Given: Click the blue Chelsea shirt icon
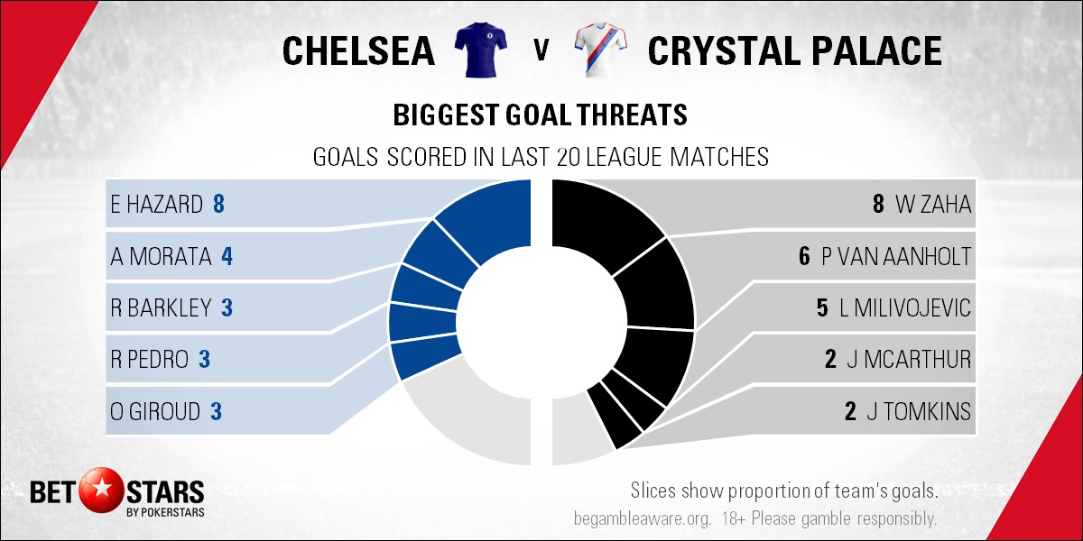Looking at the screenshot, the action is tap(480, 50).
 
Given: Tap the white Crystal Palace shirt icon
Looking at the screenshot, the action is tap(601, 50).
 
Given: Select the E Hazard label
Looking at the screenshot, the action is tap(157, 204).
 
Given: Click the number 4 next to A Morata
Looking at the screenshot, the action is tap(227, 256).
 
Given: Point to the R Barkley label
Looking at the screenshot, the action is tap(161, 307).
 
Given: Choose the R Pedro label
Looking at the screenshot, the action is tap(150, 360).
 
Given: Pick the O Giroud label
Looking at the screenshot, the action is tap(155, 411).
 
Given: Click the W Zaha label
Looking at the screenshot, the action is tap(933, 204).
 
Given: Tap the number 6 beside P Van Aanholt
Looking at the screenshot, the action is tap(804, 256).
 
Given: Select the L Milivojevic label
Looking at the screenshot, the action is tap(905, 307).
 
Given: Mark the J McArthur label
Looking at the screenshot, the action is tap(909, 360).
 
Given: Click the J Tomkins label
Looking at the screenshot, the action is tap(919, 411).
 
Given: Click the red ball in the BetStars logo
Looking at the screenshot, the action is tap(101, 490).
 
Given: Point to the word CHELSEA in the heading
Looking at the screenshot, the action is tap(359, 50).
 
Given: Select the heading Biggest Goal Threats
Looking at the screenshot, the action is tap(540, 115).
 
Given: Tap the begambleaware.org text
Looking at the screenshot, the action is tap(643, 518).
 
